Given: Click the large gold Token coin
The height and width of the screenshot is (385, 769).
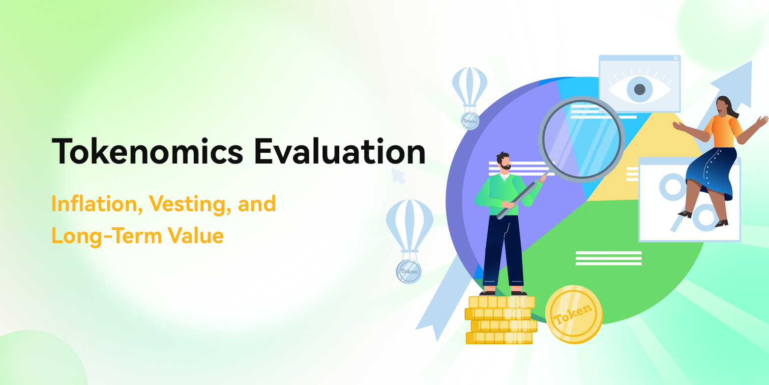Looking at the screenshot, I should (573, 314).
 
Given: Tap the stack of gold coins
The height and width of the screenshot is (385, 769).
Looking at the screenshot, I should (501, 320).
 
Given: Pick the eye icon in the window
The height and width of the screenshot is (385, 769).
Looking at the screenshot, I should (639, 89).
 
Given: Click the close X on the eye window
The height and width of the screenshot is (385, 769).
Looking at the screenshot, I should (676, 58).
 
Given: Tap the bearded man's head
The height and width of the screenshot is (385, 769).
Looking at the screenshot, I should (503, 162).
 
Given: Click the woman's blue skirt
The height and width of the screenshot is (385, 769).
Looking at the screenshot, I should (711, 172).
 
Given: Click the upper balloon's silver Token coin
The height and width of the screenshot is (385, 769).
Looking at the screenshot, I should (470, 120).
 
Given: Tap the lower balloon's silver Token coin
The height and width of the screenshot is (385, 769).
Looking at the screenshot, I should (409, 271).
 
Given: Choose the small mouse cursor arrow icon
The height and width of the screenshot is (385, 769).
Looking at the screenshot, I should (398, 176).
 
